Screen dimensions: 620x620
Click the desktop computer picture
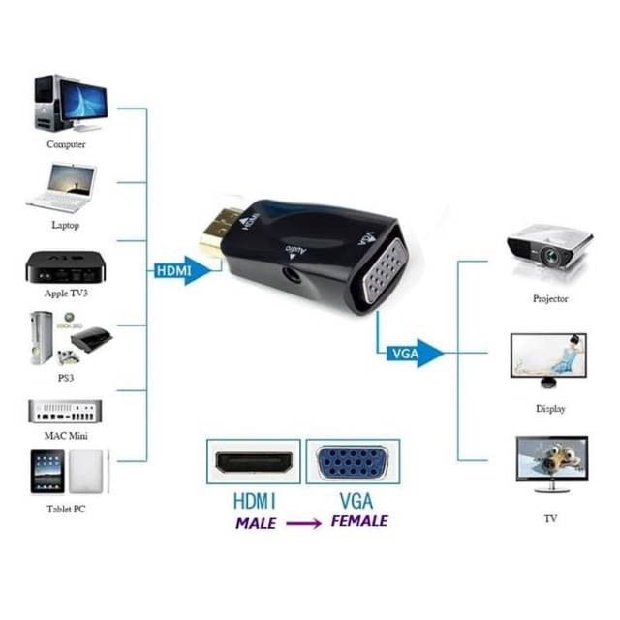coord(68,103)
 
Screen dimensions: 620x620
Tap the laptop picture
coord(63,187)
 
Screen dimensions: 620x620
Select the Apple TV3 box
coord(67,266)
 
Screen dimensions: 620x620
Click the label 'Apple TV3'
coord(68,293)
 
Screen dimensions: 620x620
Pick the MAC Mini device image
coord(66,410)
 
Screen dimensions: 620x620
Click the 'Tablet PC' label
coord(66,508)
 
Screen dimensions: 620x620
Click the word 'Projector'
coord(550,299)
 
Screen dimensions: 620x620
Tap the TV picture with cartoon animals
coord(550,462)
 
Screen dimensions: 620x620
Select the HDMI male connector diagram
coord(254,462)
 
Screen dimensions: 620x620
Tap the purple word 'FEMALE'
coord(359,521)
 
